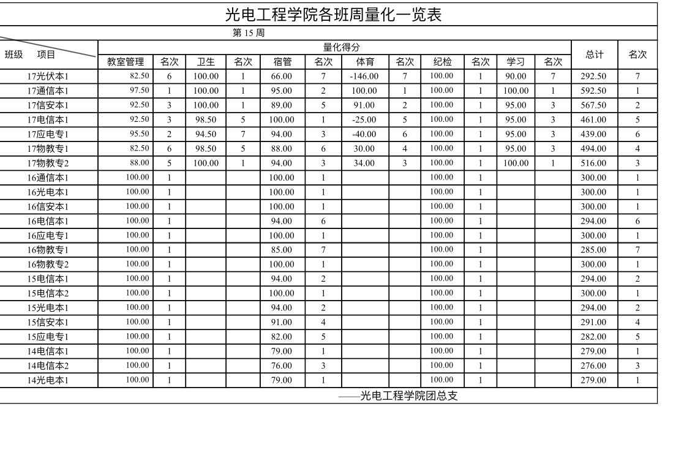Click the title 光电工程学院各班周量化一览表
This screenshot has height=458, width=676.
pyautogui.click(x=334, y=14)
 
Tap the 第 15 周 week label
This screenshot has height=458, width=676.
pyautogui.click(x=249, y=33)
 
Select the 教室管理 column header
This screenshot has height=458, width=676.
pyautogui.click(x=126, y=61)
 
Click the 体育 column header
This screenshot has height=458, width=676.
pyautogui.click(x=365, y=61)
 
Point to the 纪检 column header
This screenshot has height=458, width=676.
pyautogui.click(x=442, y=61)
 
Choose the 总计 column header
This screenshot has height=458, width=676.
pyautogui.click(x=595, y=54)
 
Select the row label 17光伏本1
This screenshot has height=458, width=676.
pyautogui.click(x=48, y=77)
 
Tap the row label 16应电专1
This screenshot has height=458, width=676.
pyautogui.click(x=48, y=236)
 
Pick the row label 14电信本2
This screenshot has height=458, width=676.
pyautogui.click(x=48, y=366)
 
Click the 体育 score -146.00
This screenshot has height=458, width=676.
pyautogui.click(x=364, y=77)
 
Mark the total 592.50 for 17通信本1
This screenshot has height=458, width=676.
pyautogui.click(x=593, y=91)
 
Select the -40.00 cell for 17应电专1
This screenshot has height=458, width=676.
pyautogui.click(x=364, y=134)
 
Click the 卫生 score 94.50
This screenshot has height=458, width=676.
pyautogui.click(x=206, y=134)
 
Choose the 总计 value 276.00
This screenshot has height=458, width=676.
pyautogui.click(x=593, y=366)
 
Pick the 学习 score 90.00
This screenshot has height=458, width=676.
pyautogui.click(x=516, y=77)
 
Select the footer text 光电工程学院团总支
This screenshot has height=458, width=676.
pyautogui.click(x=408, y=396)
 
